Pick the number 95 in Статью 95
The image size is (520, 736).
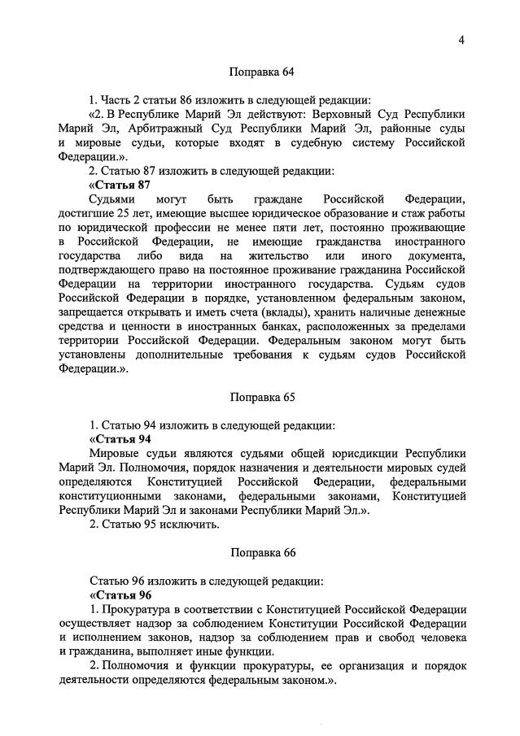(146, 525)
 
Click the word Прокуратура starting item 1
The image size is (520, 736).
(138, 610)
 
